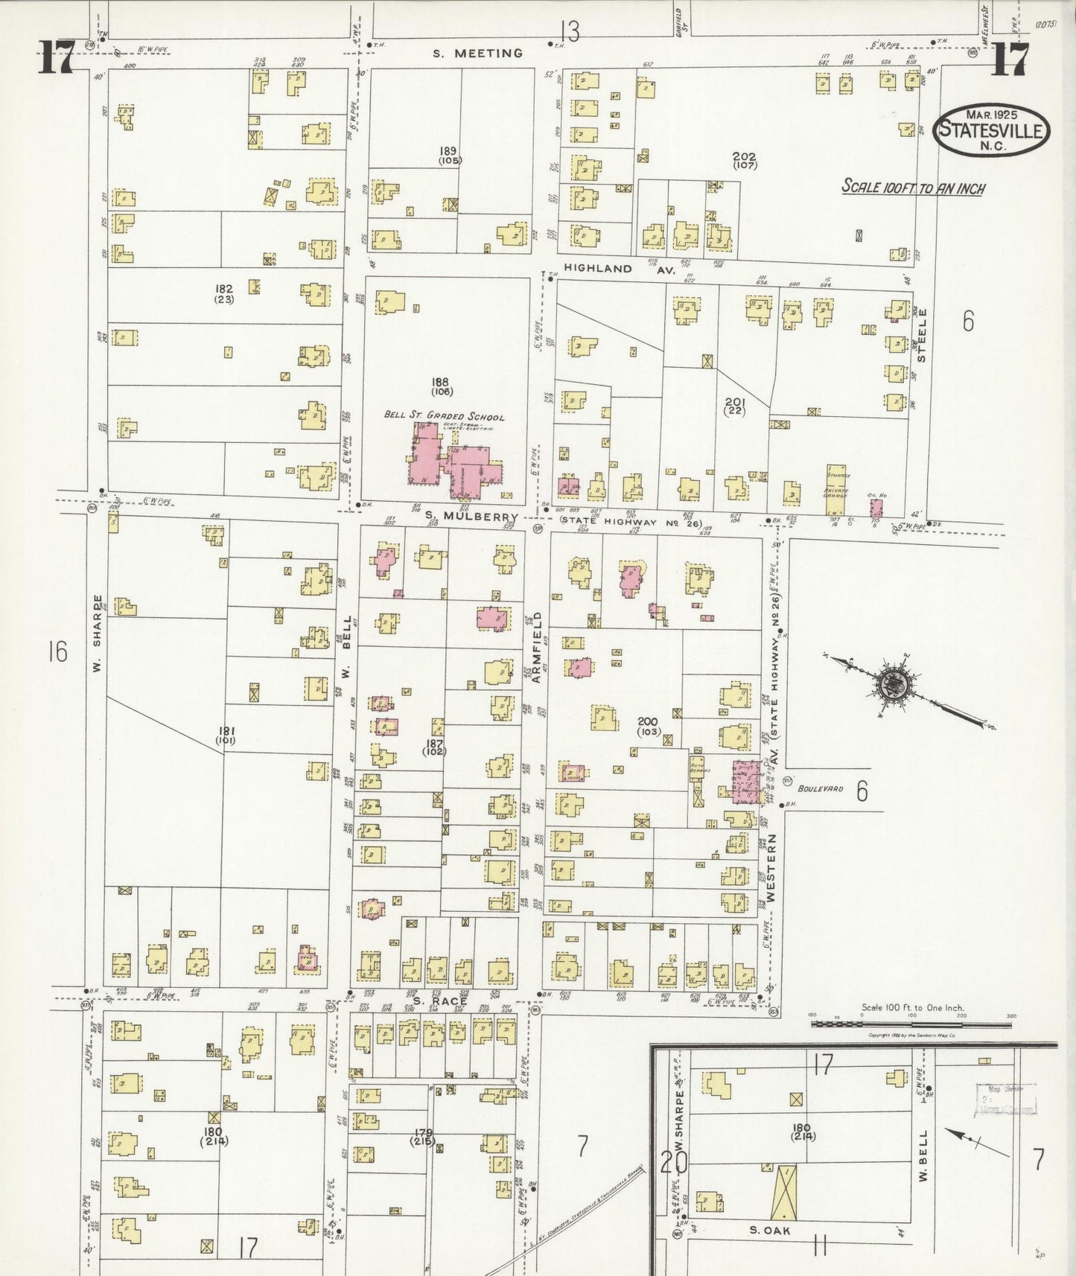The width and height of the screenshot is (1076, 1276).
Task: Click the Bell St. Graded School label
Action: coord(444,416)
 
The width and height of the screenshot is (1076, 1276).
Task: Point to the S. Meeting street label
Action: coord(478,53)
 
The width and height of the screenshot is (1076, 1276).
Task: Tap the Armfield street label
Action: coord(536,647)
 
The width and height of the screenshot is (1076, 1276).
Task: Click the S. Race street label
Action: coord(439,1001)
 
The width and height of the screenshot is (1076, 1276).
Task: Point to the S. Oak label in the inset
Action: coord(769,1231)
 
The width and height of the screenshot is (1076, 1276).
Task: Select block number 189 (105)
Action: coord(450,155)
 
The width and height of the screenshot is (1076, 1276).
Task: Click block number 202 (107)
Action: coord(744,160)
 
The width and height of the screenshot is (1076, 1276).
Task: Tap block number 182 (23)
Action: coord(224,293)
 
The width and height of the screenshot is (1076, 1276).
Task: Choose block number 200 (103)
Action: coord(648,726)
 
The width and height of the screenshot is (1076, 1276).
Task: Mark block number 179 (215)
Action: coord(424,1137)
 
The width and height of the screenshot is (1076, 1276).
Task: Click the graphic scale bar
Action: coord(911,1024)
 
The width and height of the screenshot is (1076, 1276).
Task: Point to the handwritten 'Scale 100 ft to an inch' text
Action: coord(913,187)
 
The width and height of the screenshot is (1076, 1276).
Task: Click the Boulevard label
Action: coord(820,788)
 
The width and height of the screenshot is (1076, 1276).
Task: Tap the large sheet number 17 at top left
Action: coord(56,57)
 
